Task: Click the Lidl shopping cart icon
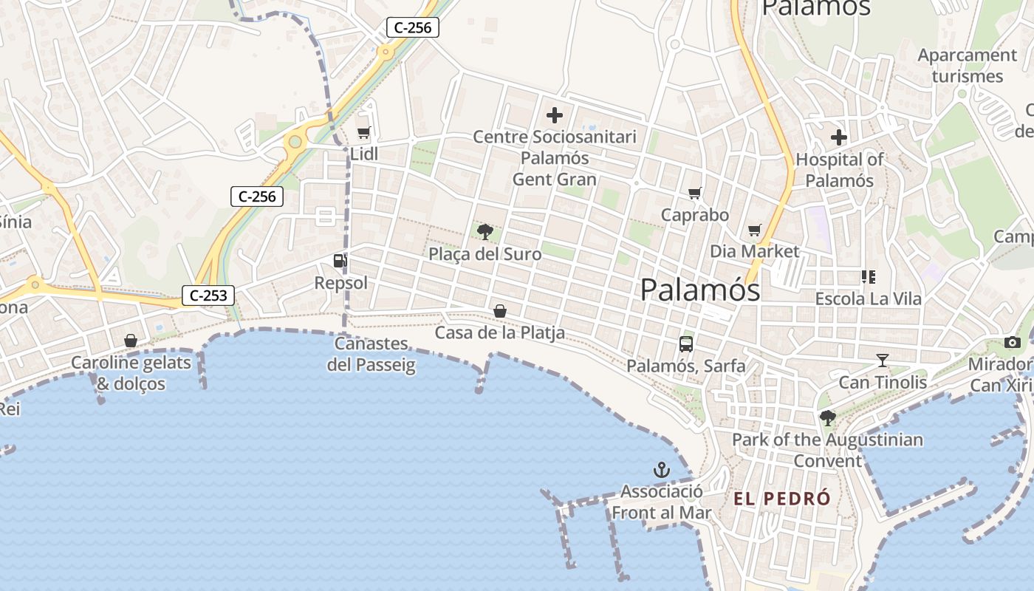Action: click(363, 133)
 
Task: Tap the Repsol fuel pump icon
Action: click(340, 260)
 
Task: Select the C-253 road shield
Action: click(208, 295)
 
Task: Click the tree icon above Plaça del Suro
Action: click(485, 232)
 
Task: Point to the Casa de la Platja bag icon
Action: click(500, 311)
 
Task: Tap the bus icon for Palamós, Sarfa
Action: click(686, 344)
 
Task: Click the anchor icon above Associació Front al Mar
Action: click(662, 469)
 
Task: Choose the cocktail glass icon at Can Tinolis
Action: click(882, 361)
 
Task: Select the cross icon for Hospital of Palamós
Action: click(839, 137)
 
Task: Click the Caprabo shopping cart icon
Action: click(694, 194)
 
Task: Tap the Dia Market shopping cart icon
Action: click(754, 230)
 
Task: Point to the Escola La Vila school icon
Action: click(869, 277)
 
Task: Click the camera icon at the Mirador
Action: click(1012, 342)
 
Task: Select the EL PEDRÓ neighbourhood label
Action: click(782, 499)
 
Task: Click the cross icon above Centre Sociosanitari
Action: click(554, 115)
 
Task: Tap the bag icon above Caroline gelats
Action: click(131, 341)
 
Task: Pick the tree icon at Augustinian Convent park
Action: click(828, 418)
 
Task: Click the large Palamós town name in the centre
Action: click(700, 290)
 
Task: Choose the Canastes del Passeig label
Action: click(372, 354)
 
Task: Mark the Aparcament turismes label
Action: click(968, 66)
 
